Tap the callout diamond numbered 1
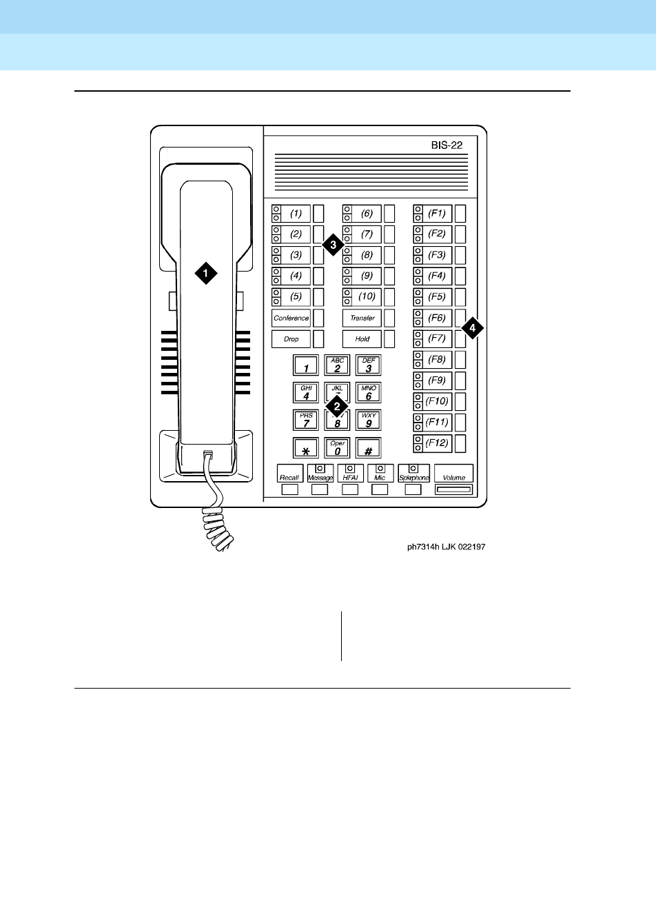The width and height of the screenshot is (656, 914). [205, 273]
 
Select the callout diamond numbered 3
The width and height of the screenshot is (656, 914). [333, 245]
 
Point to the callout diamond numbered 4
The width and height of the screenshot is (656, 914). [472, 329]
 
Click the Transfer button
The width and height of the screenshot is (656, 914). [362, 318]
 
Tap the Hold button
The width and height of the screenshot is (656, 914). [362, 339]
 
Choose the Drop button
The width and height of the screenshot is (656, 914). [291, 339]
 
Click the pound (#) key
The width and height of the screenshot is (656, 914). [369, 448]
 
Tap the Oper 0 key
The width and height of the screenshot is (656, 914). [337, 448]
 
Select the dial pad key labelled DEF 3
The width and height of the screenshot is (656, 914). [369, 365]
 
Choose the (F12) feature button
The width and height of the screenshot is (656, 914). [437, 443]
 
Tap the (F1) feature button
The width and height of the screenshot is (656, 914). [437, 213]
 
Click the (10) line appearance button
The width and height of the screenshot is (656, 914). [367, 297]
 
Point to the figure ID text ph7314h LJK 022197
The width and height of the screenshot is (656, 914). [446, 548]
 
